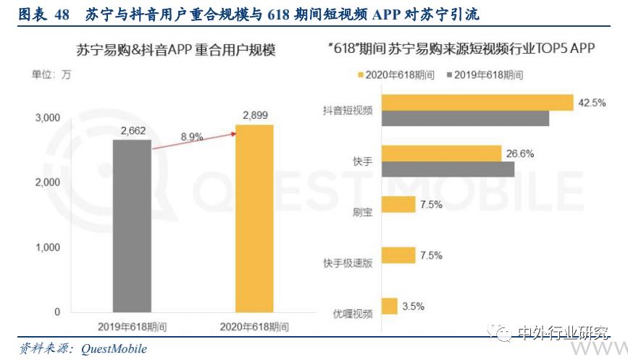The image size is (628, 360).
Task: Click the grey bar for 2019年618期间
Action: (x=132, y=226)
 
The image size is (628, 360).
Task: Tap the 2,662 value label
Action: (x=133, y=130)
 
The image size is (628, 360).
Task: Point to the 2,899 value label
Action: (x=255, y=114)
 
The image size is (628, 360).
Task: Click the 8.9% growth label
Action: (x=192, y=136)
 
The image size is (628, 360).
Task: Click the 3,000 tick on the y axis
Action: (x=46, y=118)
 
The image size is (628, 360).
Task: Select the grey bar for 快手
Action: (x=447, y=169)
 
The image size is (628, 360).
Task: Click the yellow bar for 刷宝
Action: (x=398, y=204)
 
